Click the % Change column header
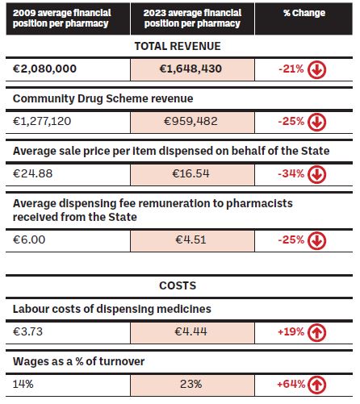tap(304, 13)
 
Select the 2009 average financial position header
tap(61, 18)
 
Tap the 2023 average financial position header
tap(192, 18)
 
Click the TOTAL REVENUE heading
tap(178, 46)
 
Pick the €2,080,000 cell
tap(44, 69)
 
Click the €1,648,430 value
tap(190, 69)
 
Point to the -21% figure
tap(291, 69)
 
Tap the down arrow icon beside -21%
tap(316, 69)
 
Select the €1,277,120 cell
tap(42, 121)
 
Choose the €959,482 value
tap(190, 121)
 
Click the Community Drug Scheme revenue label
tap(103, 98)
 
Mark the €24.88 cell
tap(32, 173)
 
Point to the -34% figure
tap(291, 173)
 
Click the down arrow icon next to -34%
tap(316, 174)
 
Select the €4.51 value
tap(190, 239)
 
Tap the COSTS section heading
tap(178, 285)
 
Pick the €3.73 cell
tap(27, 331)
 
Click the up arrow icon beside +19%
tap(316, 332)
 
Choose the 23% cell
tap(191, 384)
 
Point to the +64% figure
tap(291, 384)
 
